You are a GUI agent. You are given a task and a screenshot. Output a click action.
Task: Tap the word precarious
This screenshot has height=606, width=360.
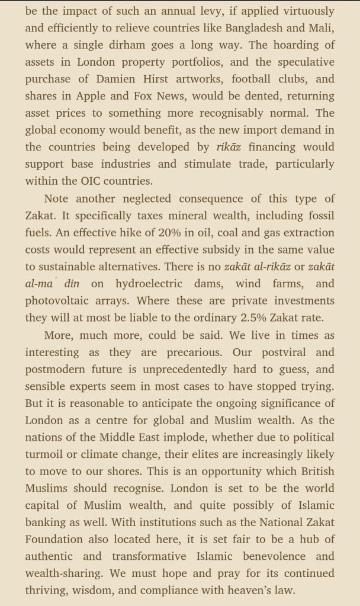[195, 352]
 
